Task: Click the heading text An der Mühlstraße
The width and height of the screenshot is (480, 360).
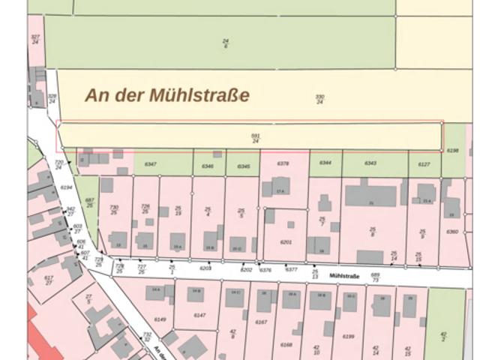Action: click(166, 95)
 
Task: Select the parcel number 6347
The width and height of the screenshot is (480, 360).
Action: click(150, 163)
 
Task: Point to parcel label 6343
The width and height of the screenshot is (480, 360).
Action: click(370, 163)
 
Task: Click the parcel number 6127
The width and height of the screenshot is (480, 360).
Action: click(424, 164)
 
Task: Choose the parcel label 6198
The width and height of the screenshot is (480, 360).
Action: click(452, 151)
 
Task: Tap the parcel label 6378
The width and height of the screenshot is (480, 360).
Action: click(283, 163)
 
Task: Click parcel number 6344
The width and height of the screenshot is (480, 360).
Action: click(325, 163)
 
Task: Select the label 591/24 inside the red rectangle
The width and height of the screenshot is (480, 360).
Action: click(256, 138)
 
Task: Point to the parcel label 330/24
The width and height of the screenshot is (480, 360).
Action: click(319, 99)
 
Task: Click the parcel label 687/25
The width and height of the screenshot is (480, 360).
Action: click(89, 202)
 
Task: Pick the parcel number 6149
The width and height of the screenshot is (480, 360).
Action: click(160, 319)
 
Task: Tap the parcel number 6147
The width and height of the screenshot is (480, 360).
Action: click(199, 315)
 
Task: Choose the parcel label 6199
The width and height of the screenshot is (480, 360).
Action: click(348, 336)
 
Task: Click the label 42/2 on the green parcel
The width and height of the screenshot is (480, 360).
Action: click(443, 337)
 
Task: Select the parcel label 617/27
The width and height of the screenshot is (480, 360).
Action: click(49, 280)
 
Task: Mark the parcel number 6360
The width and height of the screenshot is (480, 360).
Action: click(452, 232)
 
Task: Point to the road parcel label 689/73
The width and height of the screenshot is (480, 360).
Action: click(375, 277)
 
